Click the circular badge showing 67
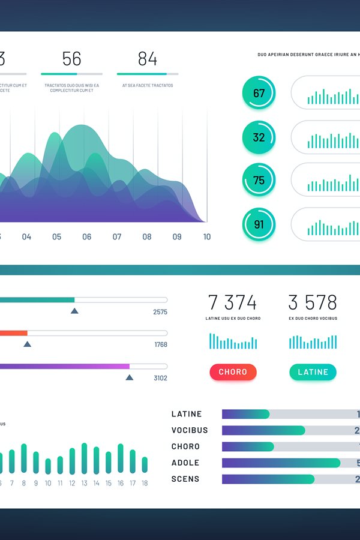click(x=259, y=93)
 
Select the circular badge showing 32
click(x=259, y=137)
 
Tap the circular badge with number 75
click(x=259, y=181)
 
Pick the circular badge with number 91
click(x=259, y=225)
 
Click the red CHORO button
click(x=233, y=372)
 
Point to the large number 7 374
click(x=232, y=302)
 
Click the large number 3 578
click(x=313, y=302)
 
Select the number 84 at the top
click(x=147, y=59)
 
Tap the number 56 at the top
click(x=71, y=59)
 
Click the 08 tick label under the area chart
click(x=147, y=237)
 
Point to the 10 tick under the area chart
click(x=207, y=237)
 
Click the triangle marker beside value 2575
click(x=74, y=311)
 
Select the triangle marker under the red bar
click(x=27, y=344)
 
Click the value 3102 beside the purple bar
click(x=160, y=378)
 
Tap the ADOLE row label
click(x=185, y=463)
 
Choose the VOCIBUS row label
click(x=190, y=430)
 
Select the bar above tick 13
click(x=84, y=458)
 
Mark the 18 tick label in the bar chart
click(x=145, y=483)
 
